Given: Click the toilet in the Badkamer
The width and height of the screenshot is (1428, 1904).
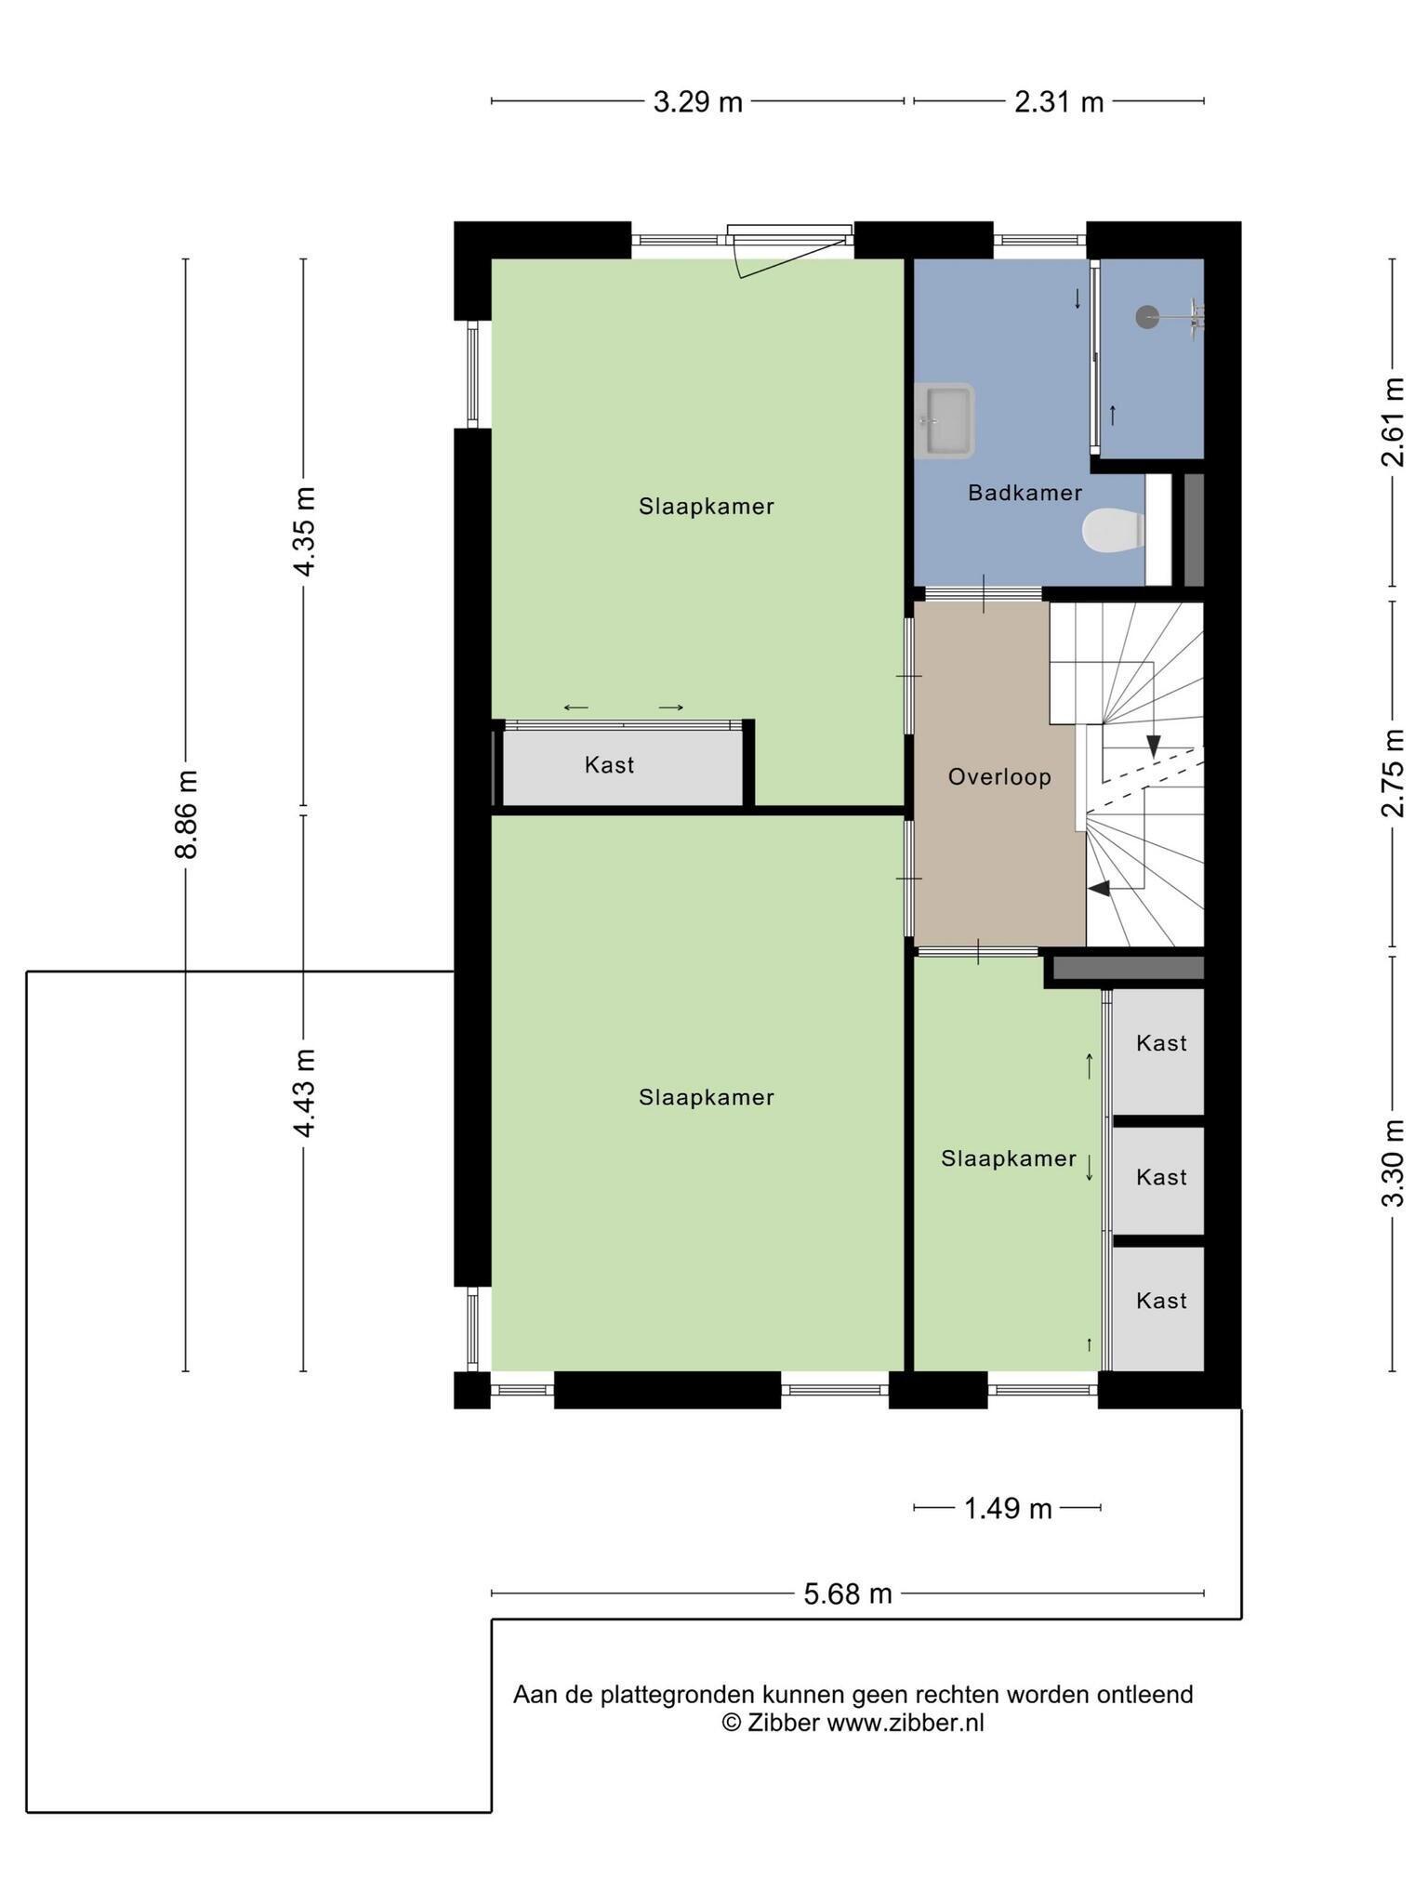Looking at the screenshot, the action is click(1113, 531).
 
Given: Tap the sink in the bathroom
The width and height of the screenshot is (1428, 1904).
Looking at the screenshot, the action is click(945, 421).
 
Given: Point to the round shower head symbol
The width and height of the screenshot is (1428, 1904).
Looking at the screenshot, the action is click(1148, 317).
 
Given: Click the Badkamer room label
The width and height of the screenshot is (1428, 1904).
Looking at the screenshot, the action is click(1025, 493).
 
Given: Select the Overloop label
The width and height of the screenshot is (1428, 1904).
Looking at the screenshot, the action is click(999, 776).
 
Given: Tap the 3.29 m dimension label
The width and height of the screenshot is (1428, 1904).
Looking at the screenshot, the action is click(698, 101).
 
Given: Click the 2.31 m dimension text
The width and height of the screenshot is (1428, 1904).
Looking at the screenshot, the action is click(1059, 101).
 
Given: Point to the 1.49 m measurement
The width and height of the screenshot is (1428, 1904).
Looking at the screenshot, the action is click(1008, 1508).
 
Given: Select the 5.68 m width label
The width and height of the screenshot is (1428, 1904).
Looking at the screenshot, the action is click(848, 1593).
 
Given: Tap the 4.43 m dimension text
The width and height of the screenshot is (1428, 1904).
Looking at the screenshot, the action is click(304, 1092).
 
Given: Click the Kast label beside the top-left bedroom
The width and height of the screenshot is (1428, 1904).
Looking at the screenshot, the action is click(609, 765).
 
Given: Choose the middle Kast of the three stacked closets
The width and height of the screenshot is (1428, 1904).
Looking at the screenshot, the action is click(1161, 1177).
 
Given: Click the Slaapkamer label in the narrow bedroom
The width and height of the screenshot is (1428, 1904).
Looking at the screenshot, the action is click(1009, 1158).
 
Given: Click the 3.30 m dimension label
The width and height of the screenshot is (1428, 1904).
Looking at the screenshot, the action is click(1392, 1163).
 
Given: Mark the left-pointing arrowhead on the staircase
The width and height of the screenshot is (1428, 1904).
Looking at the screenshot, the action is click(1099, 889).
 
